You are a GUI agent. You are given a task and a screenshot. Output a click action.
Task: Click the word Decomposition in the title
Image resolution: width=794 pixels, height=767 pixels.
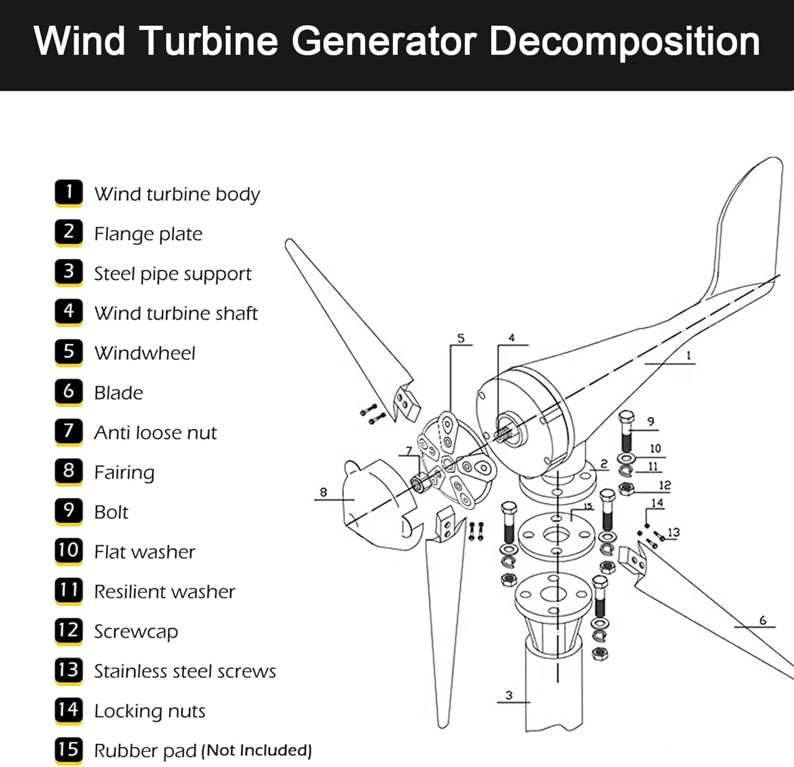tap(625, 41)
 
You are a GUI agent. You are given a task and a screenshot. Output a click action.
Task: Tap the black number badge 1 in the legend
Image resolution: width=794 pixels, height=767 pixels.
tap(69, 192)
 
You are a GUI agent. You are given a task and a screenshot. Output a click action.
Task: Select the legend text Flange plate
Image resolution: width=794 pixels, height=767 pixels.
tap(148, 234)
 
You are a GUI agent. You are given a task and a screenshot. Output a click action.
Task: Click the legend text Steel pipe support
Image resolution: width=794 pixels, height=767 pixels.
tap(173, 274)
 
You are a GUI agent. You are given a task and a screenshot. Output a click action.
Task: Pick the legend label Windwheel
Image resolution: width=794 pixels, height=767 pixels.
tap(145, 353)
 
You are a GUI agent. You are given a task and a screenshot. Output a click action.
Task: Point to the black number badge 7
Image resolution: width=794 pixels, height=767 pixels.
tap(69, 431)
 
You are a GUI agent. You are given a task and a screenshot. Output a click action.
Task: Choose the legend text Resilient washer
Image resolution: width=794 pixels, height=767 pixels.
tap(164, 592)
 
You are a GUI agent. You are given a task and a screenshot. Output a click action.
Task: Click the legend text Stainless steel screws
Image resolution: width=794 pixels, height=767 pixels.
tap(185, 671)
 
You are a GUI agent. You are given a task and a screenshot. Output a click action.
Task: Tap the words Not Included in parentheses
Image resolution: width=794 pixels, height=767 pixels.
tap(258, 751)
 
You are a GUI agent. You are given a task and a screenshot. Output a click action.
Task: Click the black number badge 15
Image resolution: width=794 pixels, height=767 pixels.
tap(69, 749)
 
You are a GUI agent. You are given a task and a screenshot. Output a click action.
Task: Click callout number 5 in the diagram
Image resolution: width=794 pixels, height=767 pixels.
tap(461, 338)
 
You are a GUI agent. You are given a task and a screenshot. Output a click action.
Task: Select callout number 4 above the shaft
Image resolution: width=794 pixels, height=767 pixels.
tap(511, 338)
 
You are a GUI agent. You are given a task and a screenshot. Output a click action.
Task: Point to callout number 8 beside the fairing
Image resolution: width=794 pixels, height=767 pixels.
tap(323, 492)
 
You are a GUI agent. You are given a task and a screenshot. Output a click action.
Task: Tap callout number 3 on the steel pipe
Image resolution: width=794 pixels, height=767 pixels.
tap(509, 695)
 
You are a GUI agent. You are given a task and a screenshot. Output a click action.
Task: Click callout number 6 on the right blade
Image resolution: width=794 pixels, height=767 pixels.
tap(762, 620)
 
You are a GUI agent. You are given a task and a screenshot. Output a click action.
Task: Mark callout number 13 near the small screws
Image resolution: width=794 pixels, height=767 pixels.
tap(673, 532)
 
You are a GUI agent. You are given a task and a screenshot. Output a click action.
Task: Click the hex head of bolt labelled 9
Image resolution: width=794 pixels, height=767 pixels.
tap(626, 417)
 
